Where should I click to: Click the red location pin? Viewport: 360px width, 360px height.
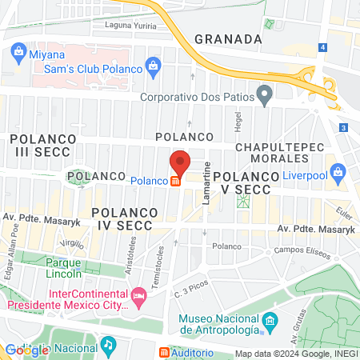tap(179, 164)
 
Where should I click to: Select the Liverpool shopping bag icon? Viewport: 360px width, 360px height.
tap(338, 171)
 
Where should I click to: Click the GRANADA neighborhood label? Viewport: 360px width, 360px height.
tap(228, 38)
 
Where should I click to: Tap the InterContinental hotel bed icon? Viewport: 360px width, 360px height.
tap(139, 296)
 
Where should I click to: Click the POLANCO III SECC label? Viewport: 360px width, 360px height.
tap(44, 145)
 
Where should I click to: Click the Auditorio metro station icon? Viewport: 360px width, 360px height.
tap(165, 352)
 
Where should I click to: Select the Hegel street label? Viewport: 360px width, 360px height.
tap(238, 122)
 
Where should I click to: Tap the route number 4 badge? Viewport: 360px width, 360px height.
tap(322, 48)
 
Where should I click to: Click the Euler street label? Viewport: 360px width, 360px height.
tap(345, 214)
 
